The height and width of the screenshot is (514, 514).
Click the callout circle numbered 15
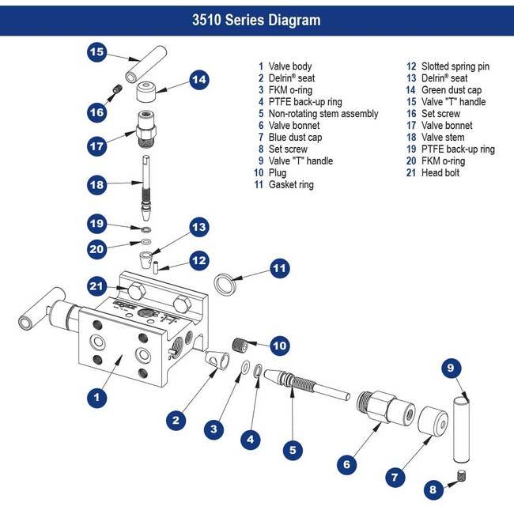coord(96,53)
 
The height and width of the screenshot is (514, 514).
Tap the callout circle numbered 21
coord(96,285)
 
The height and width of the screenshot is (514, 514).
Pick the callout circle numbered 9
coord(450,368)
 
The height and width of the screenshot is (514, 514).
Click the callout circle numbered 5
coord(293,451)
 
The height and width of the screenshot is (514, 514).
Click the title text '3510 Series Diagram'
coord(257,19)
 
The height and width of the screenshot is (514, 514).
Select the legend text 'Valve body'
coord(290,66)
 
